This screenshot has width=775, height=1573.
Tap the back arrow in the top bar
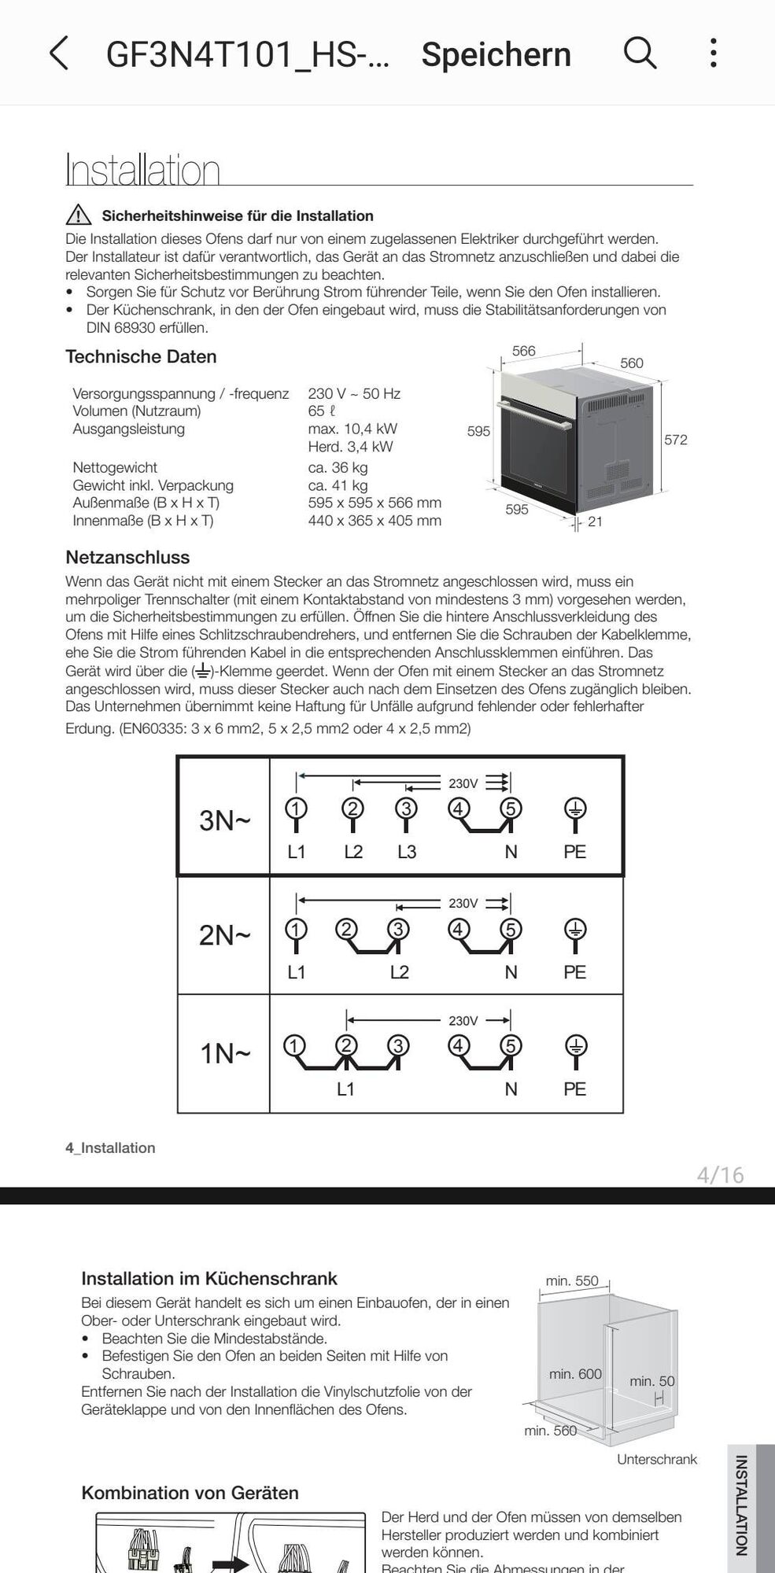pyautogui.click(x=59, y=53)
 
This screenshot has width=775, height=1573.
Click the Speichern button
pyautogui.click(x=496, y=55)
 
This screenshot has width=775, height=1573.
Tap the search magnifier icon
pyautogui.click(x=640, y=53)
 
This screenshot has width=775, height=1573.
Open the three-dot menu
pyautogui.click(x=713, y=53)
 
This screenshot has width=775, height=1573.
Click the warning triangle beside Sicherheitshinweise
pyautogui.click(x=79, y=215)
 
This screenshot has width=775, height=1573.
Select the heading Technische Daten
pyautogui.click(x=141, y=356)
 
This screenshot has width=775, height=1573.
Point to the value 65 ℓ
pyautogui.click(x=322, y=411)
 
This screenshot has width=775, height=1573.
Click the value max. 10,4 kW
pyautogui.click(x=352, y=429)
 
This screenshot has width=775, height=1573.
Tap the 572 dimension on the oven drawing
pyautogui.click(x=675, y=440)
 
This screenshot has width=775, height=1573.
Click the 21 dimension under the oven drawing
pyautogui.click(x=595, y=521)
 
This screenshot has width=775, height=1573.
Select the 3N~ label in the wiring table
pyautogui.click(x=225, y=820)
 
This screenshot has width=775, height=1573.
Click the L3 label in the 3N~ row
pyautogui.click(x=407, y=852)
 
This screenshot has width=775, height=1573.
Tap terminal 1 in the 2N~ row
pyautogui.click(x=296, y=930)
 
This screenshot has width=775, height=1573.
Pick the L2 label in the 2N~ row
pyautogui.click(x=400, y=972)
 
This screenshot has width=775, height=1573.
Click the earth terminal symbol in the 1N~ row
pyautogui.click(x=575, y=1046)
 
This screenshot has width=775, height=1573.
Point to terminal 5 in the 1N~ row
pyautogui.click(x=511, y=1046)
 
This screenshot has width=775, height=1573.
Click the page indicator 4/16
pyautogui.click(x=720, y=1175)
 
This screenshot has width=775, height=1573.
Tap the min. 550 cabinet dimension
pyautogui.click(x=572, y=1281)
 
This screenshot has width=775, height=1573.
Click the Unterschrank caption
pyautogui.click(x=657, y=1460)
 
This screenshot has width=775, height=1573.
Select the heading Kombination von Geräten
pyautogui.click(x=190, y=1493)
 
